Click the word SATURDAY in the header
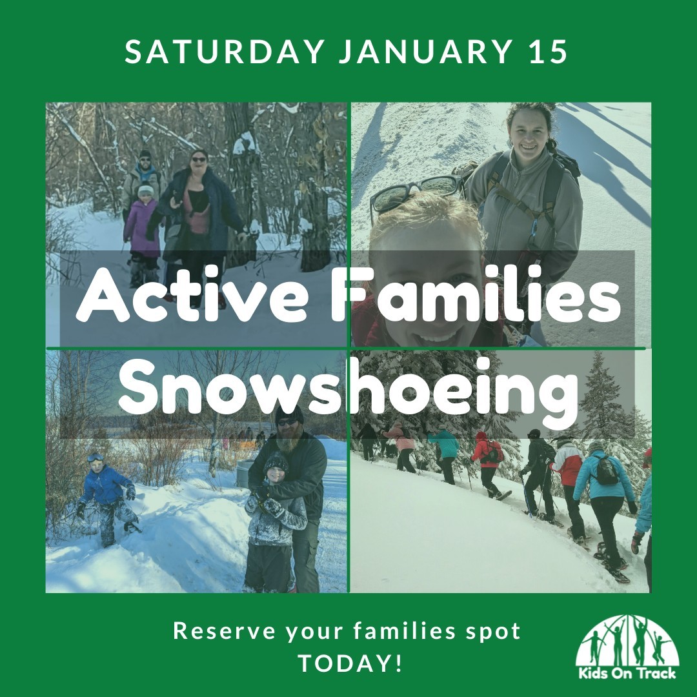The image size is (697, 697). tap(224, 52)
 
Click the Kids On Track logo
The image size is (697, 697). tap(627, 647)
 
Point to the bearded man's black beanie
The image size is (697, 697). tap(289, 414)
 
